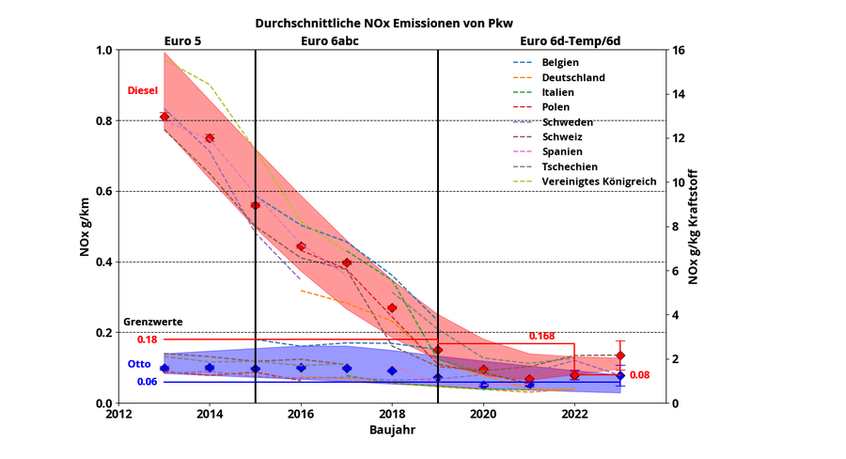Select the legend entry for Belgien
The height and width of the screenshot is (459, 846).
[x=560, y=62]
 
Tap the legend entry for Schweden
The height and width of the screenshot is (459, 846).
[x=562, y=122]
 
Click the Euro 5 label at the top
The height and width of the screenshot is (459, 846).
[x=182, y=40]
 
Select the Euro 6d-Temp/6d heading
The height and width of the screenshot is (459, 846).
[x=571, y=40]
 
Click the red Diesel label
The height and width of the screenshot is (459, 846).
[x=142, y=90]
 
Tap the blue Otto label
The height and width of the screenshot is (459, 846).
[x=138, y=364]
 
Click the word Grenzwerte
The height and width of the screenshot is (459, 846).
[x=153, y=322]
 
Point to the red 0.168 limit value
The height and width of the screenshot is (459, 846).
[x=541, y=336]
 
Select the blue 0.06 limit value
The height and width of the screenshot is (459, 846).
[x=147, y=382]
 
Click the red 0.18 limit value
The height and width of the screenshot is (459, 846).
[x=147, y=340]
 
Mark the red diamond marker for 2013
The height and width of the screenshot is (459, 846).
[x=164, y=117]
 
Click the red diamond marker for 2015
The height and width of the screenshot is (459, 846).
[x=255, y=205]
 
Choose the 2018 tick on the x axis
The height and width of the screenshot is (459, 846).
[x=392, y=413]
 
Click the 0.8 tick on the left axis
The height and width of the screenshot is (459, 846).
[x=102, y=121]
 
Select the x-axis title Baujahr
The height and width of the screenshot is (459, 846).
[x=392, y=429]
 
